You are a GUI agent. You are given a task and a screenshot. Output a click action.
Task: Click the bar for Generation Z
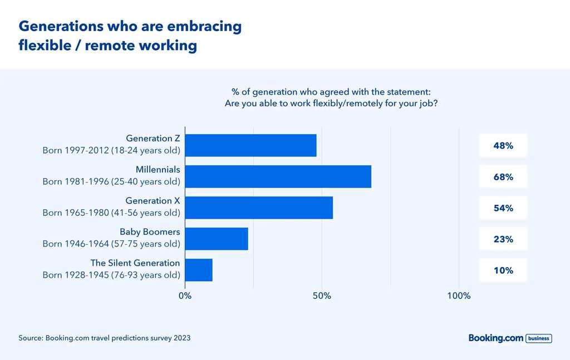pyautogui.click(x=250, y=145)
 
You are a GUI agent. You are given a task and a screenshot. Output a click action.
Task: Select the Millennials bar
pyautogui.click(x=278, y=176)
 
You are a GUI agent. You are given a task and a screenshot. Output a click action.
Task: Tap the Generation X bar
pyautogui.click(x=259, y=208)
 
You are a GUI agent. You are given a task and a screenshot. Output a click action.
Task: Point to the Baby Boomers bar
pyautogui.click(x=217, y=239)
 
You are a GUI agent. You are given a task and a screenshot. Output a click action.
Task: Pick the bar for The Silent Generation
pyautogui.click(x=199, y=270)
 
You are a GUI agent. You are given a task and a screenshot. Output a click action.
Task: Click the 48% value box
pyautogui.click(x=503, y=146)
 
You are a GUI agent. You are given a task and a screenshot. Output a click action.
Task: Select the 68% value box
pyautogui.click(x=503, y=177)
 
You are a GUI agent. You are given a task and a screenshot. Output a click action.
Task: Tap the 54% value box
pyautogui.click(x=503, y=208)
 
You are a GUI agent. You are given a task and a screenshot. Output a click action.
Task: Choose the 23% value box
pyautogui.click(x=503, y=239)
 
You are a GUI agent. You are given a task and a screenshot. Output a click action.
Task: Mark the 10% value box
pyautogui.click(x=503, y=270)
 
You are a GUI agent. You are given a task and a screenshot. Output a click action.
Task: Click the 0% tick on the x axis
pyautogui.click(x=185, y=296)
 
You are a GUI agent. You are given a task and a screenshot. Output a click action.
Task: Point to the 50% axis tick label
pyautogui.click(x=322, y=296)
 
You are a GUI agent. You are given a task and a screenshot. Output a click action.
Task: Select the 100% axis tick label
pyautogui.click(x=459, y=296)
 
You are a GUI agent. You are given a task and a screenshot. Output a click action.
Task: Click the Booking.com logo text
pyautogui.click(x=495, y=338)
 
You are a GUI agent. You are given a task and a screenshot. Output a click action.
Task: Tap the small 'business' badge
pyautogui.click(x=538, y=338)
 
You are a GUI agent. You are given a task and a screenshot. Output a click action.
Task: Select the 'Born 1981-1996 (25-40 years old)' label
pyautogui.click(x=111, y=181)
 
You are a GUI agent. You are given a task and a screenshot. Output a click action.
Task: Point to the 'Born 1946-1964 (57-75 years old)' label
pyautogui.click(x=111, y=244)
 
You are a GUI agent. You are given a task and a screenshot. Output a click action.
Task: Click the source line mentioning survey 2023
pyautogui.click(x=105, y=338)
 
